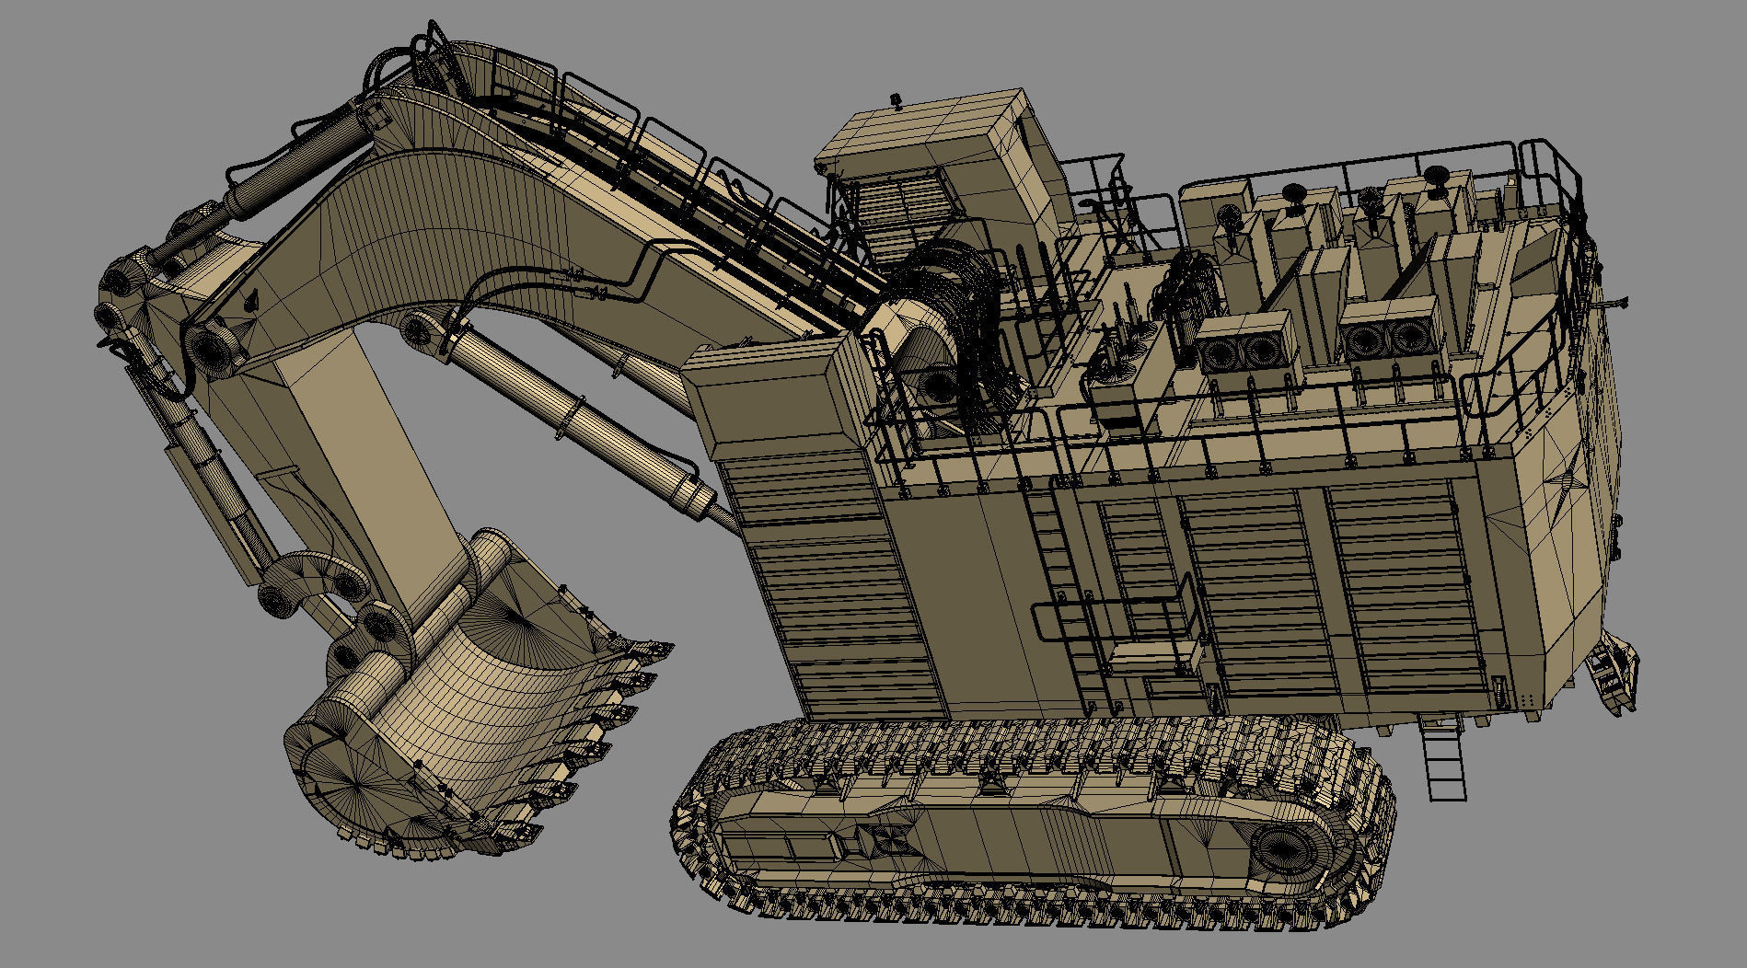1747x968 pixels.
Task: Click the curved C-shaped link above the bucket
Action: click(x=304, y=580)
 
